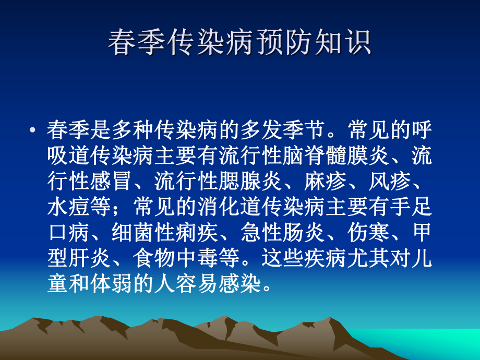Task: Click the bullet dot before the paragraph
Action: [x=34, y=130]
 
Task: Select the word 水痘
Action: [x=68, y=207]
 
